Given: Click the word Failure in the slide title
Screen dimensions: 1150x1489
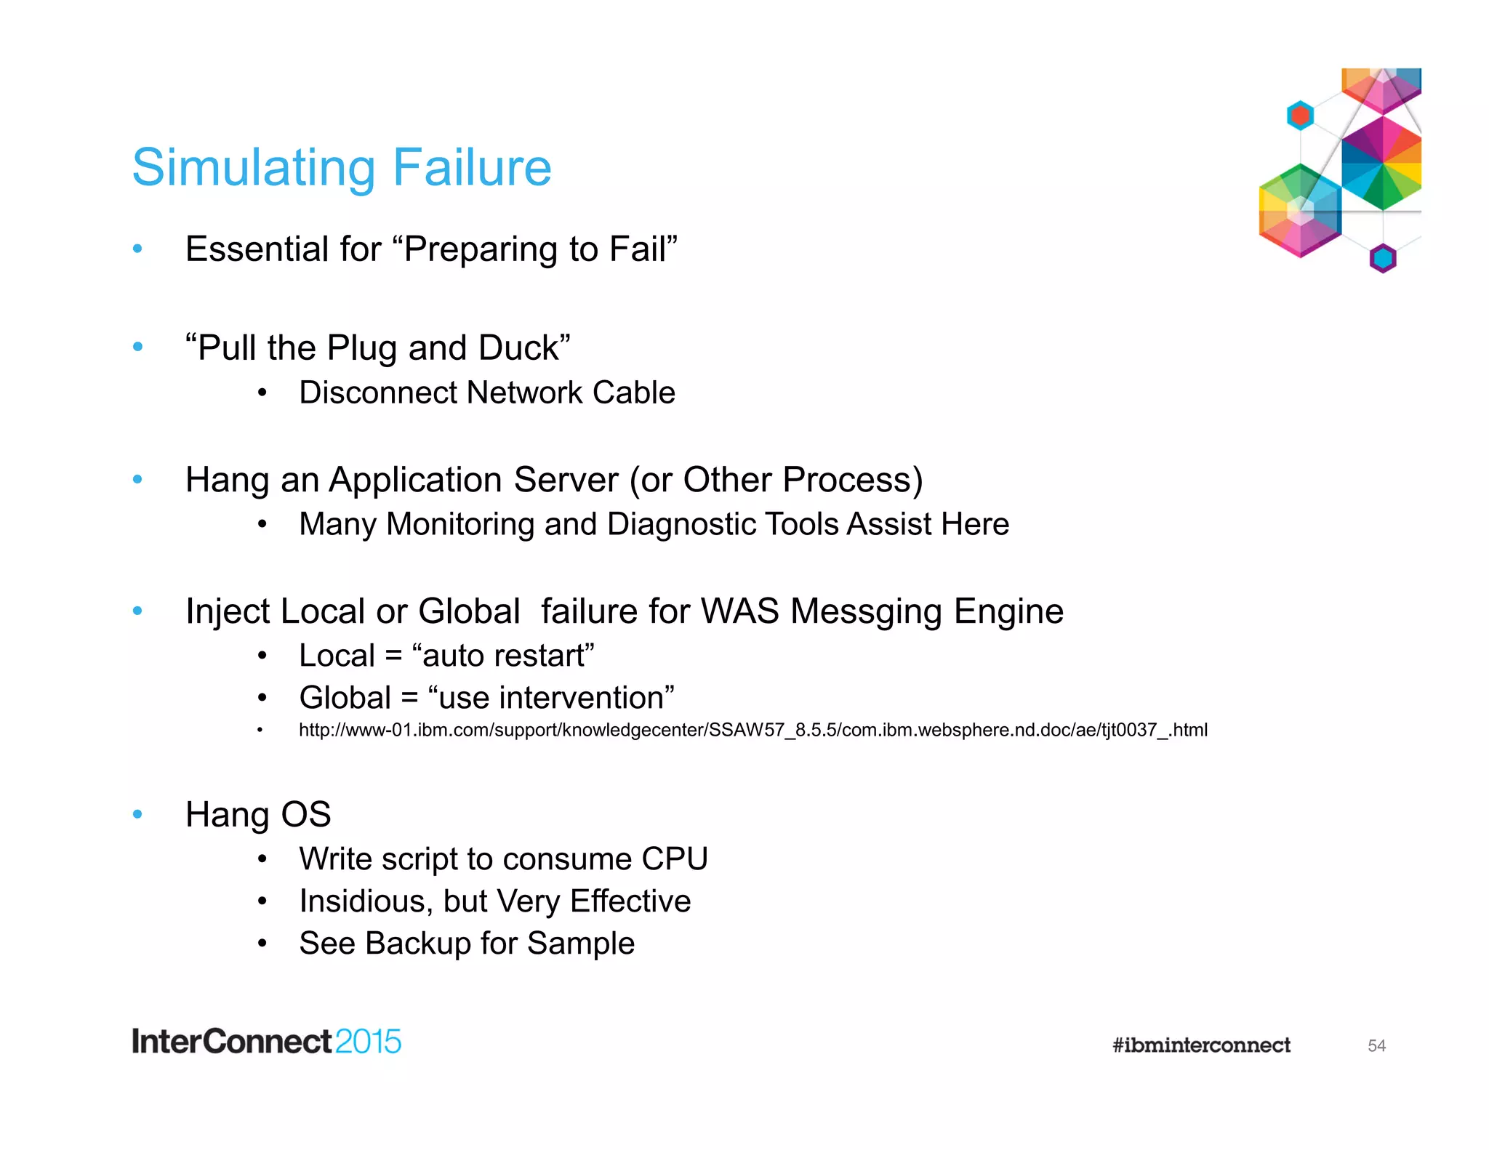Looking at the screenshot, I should coord(472,168).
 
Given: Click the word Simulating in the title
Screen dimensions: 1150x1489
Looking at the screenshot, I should coord(254,168).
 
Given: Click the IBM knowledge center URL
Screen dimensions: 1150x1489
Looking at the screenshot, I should coord(752,730).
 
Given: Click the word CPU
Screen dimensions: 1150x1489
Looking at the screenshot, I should coord(674,859).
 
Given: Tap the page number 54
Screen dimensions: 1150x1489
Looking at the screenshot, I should coord(1376,1046).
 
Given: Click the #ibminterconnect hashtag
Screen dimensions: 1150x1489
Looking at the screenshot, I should coord(1201,1045).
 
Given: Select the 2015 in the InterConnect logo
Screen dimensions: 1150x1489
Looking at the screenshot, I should coord(368,1042).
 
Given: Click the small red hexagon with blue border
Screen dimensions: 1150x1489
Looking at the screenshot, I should coord(1300,116).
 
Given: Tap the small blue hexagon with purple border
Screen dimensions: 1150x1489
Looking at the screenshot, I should coord(1382,258).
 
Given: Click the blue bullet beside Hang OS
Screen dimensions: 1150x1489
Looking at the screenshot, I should coord(137,814).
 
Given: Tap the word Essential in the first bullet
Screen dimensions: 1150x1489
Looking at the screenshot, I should coord(256,249).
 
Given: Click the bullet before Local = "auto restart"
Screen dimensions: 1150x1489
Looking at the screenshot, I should coord(262,656).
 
